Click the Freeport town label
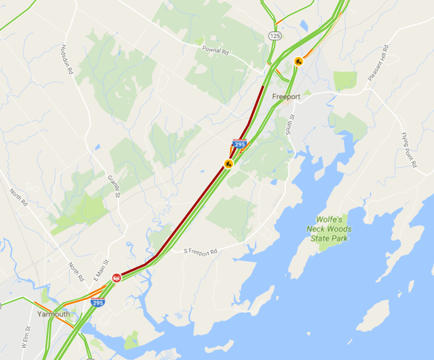pyautogui.click(x=286, y=97)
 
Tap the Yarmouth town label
pyautogui.click(x=53, y=314)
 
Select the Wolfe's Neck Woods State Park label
pyautogui.click(x=329, y=229)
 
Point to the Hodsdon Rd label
pyautogui.click(x=67, y=60)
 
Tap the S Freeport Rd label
pyautogui.click(x=200, y=251)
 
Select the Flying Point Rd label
pyautogui.click(x=409, y=149)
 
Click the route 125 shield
pyautogui.click(x=275, y=36)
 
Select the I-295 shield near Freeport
pyautogui.click(x=239, y=143)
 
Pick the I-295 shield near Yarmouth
pyautogui.click(x=98, y=303)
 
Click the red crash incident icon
pyautogui.click(x=116, y=278)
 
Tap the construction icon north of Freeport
pyautogui.click(x=299, y=61)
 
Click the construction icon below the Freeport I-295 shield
pyautogui.click(x=229, y=163)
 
